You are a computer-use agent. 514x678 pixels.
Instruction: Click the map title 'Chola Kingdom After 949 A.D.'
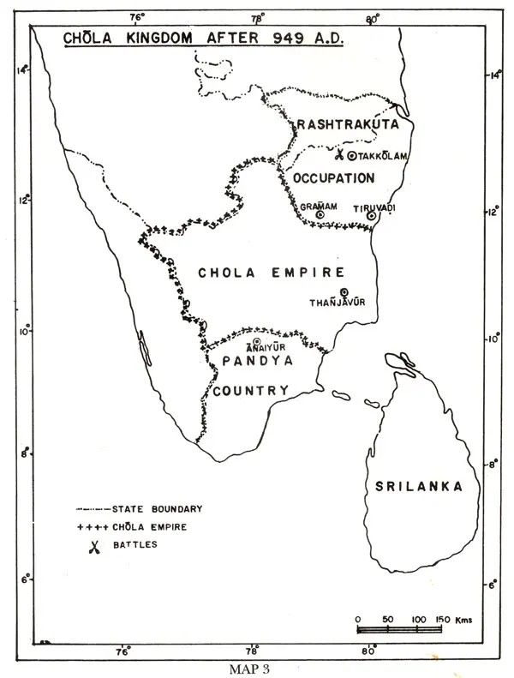pos(202,39)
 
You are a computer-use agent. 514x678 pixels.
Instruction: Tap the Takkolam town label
pos(383,155)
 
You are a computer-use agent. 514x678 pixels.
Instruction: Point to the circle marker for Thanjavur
pos(344,292)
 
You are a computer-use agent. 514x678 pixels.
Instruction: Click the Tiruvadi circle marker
pos(371,216)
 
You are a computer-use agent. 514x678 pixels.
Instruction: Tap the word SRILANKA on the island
pos(419,486)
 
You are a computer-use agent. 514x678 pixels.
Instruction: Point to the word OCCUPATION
pos(334,178)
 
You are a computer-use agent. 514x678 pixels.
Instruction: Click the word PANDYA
pos(257,362)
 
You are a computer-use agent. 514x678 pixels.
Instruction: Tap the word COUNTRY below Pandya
pos(250,391)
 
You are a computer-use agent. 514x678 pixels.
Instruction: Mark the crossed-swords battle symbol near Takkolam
pos(339,155)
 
